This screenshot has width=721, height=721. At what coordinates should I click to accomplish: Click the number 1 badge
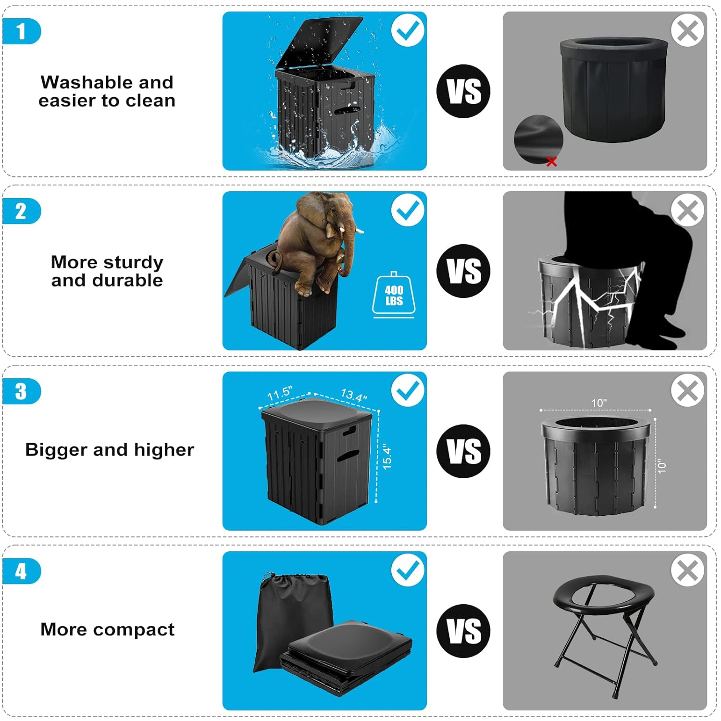21,32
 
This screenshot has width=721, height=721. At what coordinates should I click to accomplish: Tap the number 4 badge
21,572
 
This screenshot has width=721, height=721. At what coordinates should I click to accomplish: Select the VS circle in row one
463,91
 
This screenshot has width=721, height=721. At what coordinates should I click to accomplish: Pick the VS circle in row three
463,451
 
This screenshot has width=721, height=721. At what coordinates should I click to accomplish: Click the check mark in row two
408,210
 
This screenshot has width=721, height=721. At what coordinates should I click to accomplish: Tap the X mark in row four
687,571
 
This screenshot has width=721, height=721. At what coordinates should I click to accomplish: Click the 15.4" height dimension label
387,457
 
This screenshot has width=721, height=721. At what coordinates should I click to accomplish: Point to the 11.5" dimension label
279,394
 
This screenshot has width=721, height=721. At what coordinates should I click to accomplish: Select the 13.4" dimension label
354,395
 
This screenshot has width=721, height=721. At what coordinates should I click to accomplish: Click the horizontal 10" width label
599,403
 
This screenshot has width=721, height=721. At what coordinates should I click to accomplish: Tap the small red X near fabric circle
552,162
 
